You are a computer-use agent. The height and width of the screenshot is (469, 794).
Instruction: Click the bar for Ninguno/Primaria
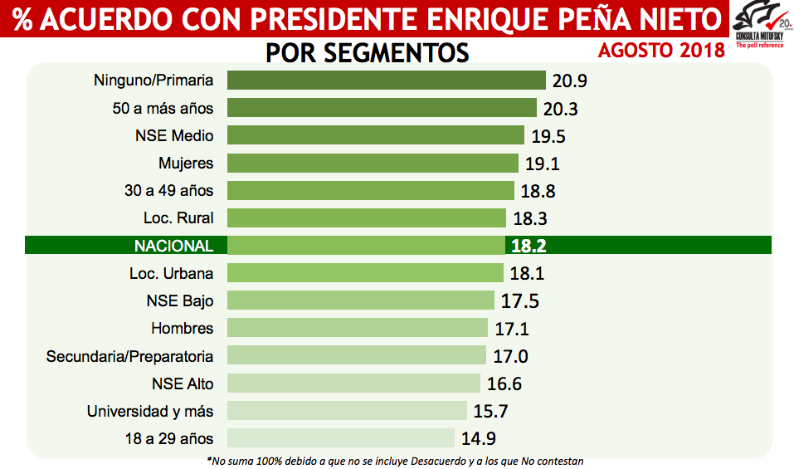[386, 81]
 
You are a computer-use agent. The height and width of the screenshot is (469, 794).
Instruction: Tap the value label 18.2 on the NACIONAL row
[528, 246]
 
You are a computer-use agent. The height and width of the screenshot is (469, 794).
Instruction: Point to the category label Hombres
[182, 328]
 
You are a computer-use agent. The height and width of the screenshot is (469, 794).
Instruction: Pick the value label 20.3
[560, 109]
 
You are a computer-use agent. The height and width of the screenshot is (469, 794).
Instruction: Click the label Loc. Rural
[178, 217]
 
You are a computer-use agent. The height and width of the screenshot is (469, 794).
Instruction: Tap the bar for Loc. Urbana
[365, 273]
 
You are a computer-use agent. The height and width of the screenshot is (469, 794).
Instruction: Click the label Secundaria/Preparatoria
[129, 356]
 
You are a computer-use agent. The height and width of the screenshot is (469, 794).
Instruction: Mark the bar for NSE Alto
[353, 383]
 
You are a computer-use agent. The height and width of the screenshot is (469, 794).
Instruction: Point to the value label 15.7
[491, 411]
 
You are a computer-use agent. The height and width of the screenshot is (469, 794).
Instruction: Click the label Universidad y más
[149, 411]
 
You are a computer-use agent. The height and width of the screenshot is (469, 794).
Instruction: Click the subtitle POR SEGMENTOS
[368, 52]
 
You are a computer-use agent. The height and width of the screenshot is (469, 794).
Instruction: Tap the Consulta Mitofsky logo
[759, 25]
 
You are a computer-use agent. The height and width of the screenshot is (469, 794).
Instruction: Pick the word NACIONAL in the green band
[173, 246]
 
